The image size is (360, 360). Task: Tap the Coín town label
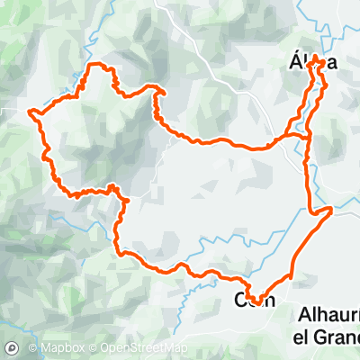tap(255, 300)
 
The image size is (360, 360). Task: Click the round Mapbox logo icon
tap(13, 347)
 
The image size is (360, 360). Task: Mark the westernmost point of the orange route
tap(31, 113)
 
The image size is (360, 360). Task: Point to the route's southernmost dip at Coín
tap(256, 303)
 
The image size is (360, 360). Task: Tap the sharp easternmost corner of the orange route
tap(332, 209)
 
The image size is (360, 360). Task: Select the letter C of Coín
tap(240, 300)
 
